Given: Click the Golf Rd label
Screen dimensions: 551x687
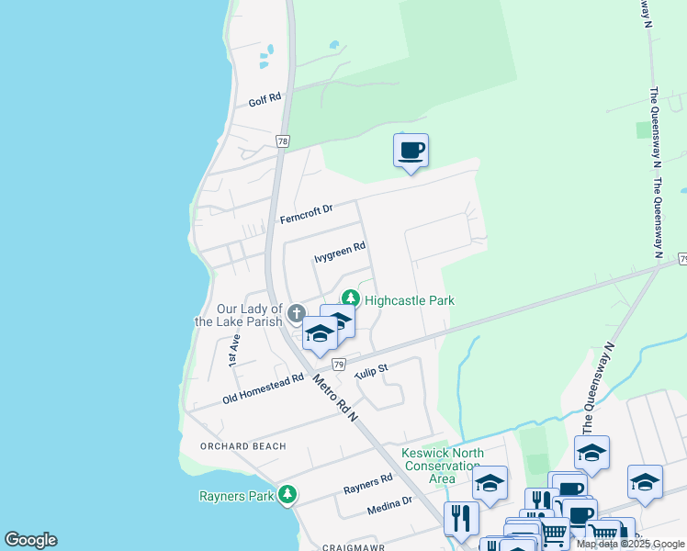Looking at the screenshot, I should (264, 101).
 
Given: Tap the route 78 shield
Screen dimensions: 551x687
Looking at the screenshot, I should (282, 141).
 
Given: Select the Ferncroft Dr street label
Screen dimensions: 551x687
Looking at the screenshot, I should (305, 214).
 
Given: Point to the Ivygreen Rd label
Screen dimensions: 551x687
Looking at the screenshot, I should (340, 247).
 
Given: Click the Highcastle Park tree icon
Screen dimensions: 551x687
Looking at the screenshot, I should (350, 298).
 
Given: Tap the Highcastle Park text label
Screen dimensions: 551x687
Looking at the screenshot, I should (410, 300).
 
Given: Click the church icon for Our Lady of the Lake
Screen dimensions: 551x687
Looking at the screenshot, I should (296, 314).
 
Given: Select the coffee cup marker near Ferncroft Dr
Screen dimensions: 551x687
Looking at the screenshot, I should (411, 150).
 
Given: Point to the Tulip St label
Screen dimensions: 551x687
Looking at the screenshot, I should (372, 368).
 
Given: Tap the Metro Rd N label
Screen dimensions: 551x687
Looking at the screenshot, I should (333, 398).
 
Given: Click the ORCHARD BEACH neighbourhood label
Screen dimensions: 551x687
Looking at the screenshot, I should (244, 446).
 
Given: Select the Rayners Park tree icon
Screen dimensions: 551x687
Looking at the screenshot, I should (288, 496).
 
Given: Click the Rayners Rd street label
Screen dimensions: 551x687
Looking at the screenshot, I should (367, 483).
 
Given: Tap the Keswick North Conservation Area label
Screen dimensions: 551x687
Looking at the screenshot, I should (442, 466).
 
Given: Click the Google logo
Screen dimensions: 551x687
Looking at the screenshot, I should (30, 540).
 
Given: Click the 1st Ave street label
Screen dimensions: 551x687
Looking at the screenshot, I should (234, 353).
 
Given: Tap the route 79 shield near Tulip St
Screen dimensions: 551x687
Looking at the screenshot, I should (338, 365).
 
